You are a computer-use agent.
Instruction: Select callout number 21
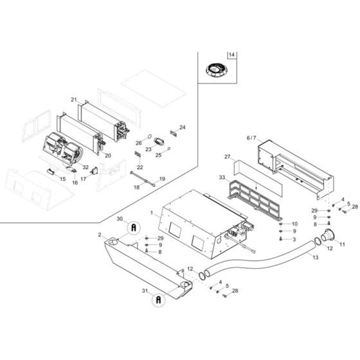point(74,100)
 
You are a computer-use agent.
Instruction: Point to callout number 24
point(182,127)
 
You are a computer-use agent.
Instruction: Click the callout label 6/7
point(251,138)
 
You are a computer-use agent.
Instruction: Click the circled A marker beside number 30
point(134,227)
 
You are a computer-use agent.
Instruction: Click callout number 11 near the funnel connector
point(342,245)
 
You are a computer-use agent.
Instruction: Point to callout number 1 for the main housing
point(152,213)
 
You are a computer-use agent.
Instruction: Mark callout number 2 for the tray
point(100,235)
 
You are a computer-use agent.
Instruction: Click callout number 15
point(63,179)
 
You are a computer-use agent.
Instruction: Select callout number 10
point(296,223)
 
